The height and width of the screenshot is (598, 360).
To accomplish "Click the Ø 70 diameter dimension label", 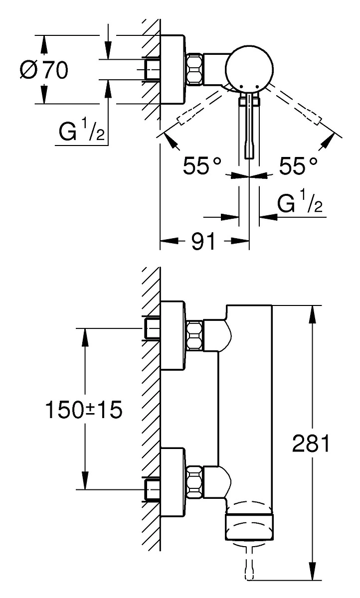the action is [44, 70].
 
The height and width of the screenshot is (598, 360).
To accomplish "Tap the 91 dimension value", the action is [203, 241].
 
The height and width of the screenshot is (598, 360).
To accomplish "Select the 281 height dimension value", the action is [311, 444].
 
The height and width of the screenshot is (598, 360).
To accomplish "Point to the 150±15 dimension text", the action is [84, 410].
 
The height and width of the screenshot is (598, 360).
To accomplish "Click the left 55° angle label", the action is [202, 165].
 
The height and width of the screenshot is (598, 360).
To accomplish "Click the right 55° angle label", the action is [298, 165].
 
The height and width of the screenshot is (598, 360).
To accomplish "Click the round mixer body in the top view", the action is [249, 69].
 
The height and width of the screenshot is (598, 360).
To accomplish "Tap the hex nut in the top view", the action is [194, 69].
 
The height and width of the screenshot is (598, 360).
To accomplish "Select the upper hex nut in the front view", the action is [194, 335].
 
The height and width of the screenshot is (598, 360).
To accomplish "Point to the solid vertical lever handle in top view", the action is [249, 126].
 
